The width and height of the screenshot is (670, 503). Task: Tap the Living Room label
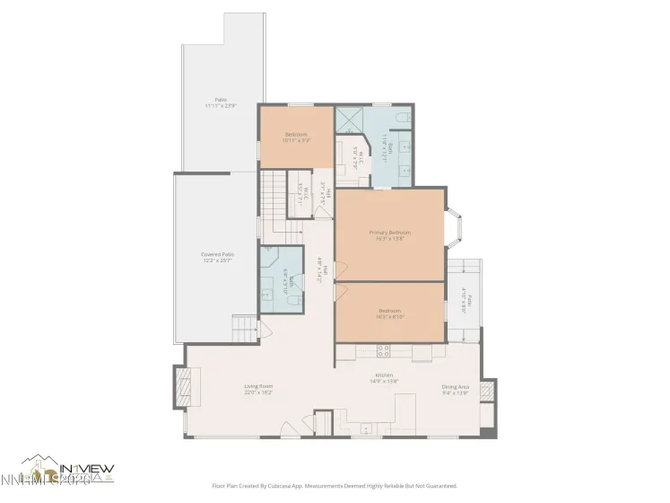coord(258,389)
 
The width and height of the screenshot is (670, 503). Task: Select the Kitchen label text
coord(384,377)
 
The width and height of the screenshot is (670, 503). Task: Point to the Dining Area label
coord(455,389)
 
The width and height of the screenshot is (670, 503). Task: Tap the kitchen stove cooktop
coord(383,351)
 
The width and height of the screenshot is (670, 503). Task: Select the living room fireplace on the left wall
coord(184,387)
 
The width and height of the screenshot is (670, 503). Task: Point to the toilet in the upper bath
coord(403,117)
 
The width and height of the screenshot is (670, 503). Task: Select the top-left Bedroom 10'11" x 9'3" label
coord(295,137)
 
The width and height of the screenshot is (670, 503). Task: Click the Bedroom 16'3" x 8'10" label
coord(389,313)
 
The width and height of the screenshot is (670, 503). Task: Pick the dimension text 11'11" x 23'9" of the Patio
coord(220,106)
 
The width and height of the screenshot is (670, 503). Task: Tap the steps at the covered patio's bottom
coord(244,326)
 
